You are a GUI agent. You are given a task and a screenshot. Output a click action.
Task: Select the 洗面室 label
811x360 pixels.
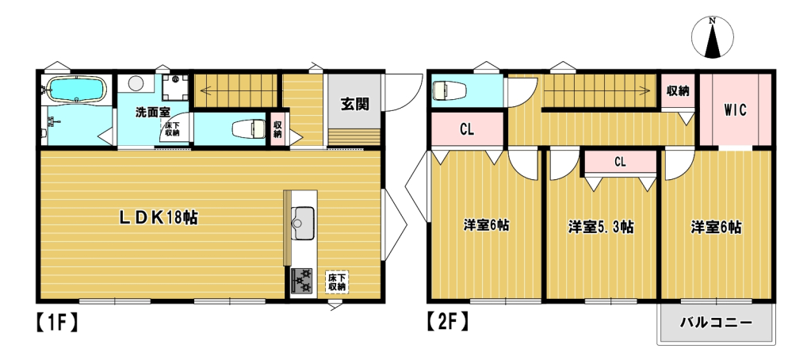click(x=150, y=112)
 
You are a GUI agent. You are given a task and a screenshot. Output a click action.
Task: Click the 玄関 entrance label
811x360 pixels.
click(x=354, y=104)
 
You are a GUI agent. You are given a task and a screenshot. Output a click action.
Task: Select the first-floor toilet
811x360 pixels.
click(x=247, y=128)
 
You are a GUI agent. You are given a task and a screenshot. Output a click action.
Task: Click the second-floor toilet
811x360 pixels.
click(x=449, y=91)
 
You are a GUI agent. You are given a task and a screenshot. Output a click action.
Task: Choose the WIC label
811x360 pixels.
click(x=735, y=110)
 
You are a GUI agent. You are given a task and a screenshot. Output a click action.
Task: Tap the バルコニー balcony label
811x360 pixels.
click(x=715, y=324)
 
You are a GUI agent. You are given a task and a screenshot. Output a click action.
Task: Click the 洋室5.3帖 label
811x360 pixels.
click(x=600, y=227)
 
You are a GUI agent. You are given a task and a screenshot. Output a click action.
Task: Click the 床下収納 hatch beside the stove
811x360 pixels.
click(x=336, y=282)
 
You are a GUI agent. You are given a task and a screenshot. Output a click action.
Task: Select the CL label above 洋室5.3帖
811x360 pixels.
click(x=620, y=162)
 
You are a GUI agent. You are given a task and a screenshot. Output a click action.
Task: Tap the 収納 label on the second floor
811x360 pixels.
click(x=678, y=90)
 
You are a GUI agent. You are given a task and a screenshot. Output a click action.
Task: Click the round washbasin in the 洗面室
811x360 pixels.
click(x=135, y=83)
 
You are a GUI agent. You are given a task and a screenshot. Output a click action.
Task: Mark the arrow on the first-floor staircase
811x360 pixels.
click(x=208, y=90)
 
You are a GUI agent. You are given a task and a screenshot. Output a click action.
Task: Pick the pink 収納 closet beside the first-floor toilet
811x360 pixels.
click(x=277, y=128)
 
